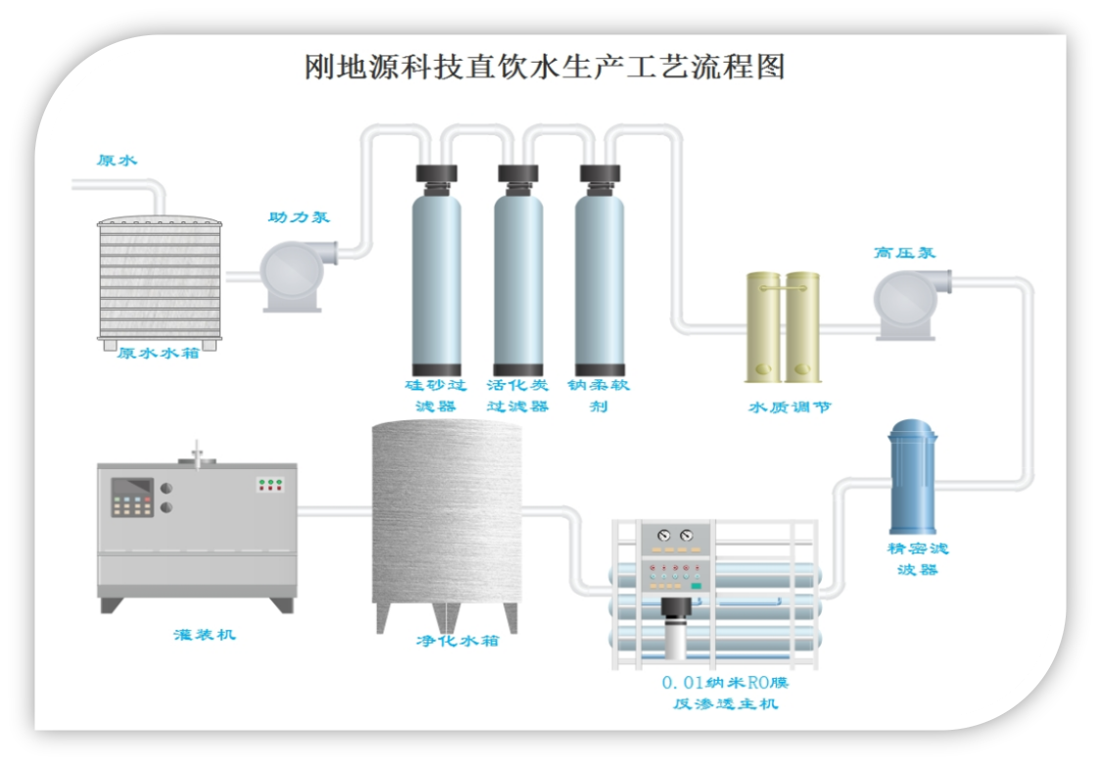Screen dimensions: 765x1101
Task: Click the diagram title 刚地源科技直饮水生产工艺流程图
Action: click(545, 67)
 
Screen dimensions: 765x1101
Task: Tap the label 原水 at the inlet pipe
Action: click(117, 161)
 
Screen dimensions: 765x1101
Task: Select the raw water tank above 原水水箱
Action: click(160, 280)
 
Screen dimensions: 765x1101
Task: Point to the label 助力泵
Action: click(299, 217)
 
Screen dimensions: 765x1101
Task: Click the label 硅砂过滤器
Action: click(436, 395)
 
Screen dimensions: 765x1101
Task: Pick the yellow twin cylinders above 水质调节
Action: click(783, 326)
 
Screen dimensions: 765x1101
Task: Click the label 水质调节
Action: click(790, 406)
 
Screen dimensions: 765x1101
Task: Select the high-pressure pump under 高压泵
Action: click(908, 304)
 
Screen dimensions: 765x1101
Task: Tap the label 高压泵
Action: click(904, 253)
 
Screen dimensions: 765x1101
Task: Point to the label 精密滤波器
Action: click(918, 558)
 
